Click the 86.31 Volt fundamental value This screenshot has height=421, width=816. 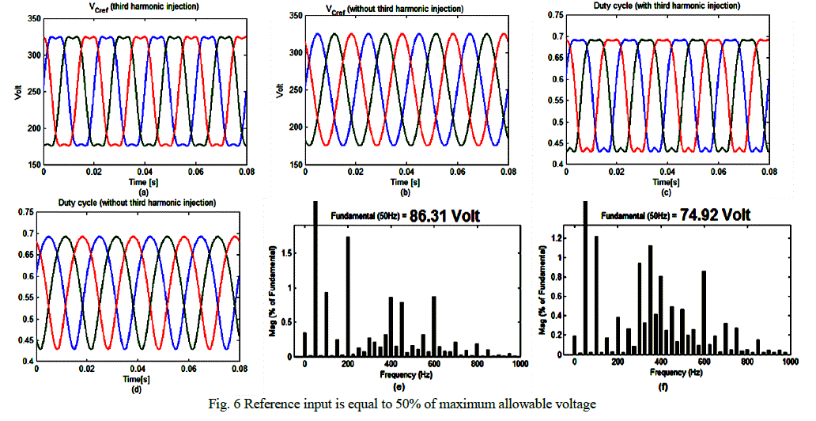pos(445,214)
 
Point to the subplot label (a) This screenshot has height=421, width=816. pos(143,192)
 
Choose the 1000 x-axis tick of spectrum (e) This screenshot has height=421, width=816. pos(519,363)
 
